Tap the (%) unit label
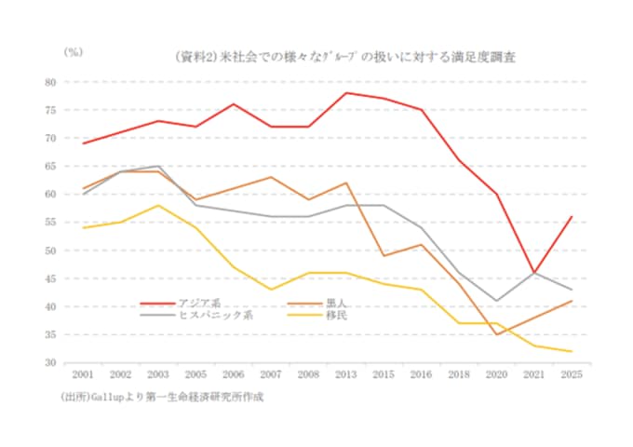(73, 52)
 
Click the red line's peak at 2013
(347, 93)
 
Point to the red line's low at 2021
(533, 273)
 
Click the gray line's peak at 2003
(158, 166)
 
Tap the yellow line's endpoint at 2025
(571, 351)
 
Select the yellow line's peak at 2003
(158, 205)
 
